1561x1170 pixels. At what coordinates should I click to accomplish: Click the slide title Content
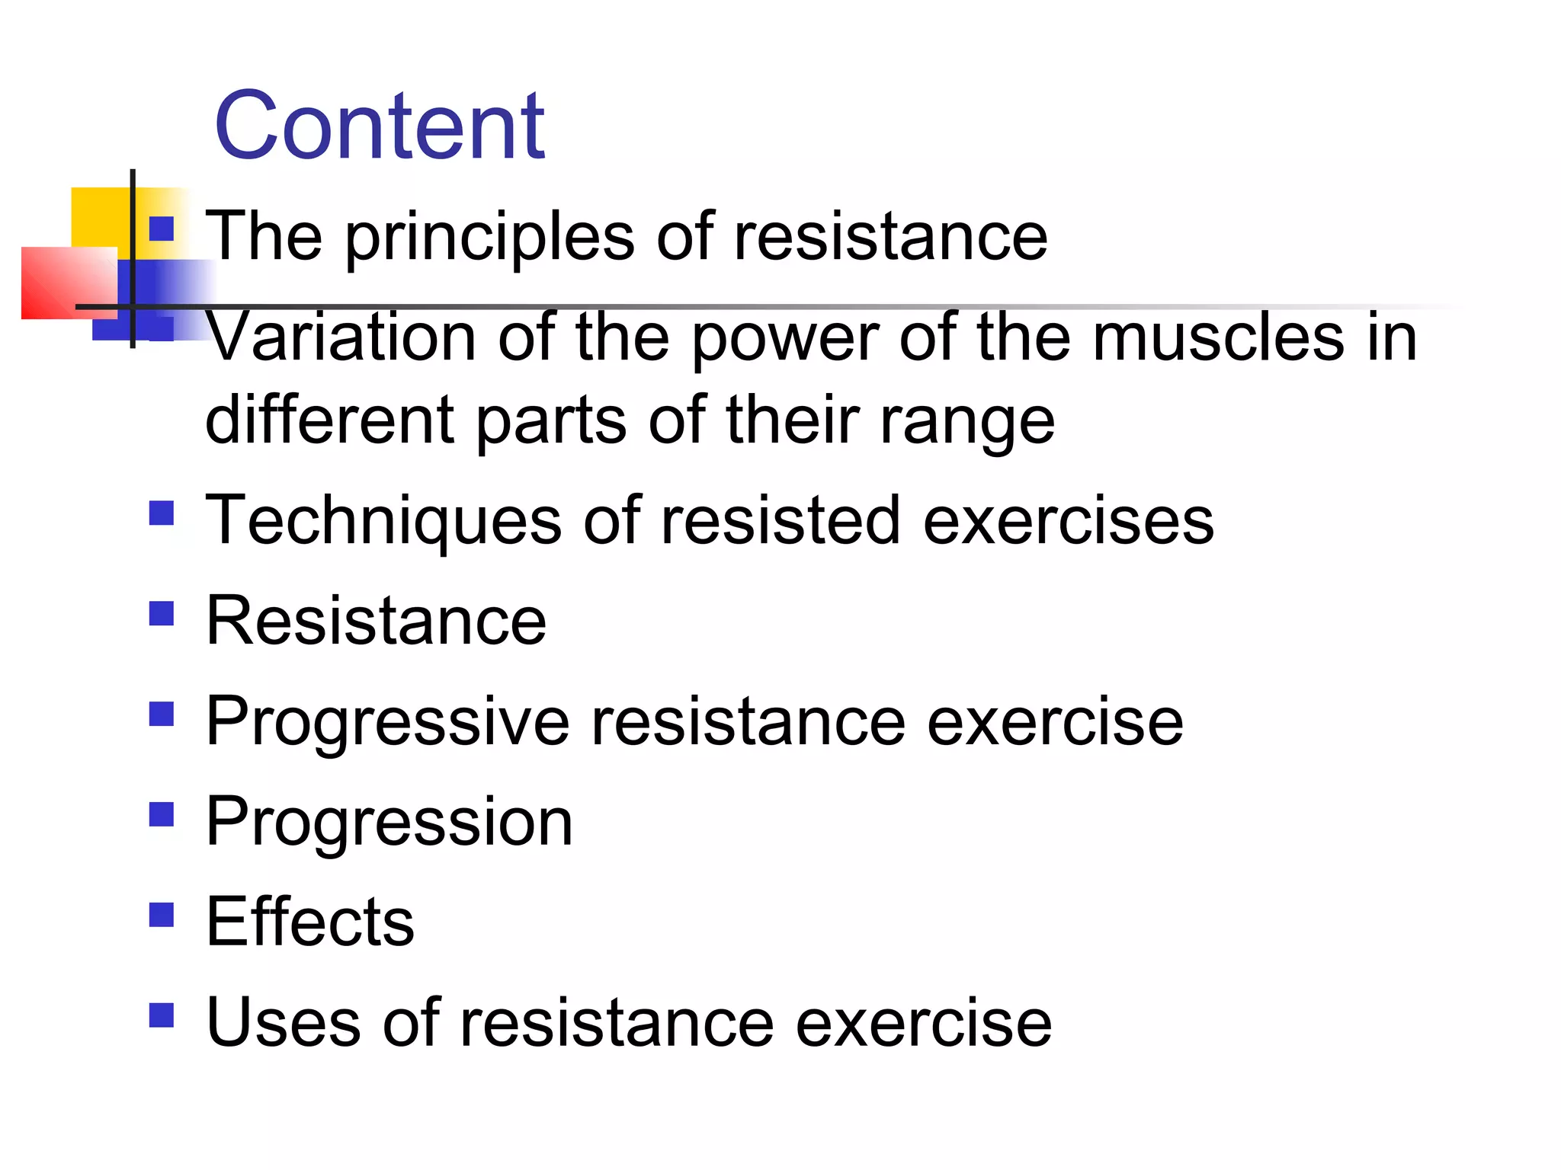point(380,126)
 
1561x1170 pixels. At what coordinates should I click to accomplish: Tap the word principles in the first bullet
point(489,238)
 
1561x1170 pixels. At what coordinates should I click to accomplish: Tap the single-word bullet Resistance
point(377,621)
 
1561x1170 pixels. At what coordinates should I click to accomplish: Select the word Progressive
point(388,722)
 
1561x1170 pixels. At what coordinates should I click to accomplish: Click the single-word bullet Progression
point(389,823)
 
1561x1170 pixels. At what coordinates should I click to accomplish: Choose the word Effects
point(310,922)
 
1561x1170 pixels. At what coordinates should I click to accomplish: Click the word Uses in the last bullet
point(283,1022)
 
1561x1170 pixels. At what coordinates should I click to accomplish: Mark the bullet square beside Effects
point(162,914)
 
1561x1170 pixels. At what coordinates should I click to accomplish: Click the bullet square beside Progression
point(162,814)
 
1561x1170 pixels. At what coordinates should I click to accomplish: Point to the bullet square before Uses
point(162,1015)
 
